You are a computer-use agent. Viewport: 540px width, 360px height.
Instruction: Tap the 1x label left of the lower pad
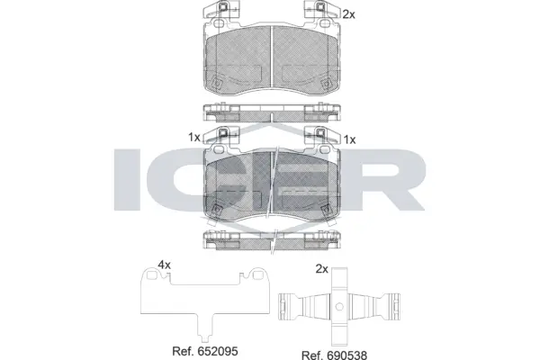(x=193, y=138)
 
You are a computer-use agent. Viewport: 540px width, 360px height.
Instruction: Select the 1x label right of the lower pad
(x=350, y=139)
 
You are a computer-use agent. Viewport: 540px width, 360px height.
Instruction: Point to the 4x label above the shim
(x=164, y=265)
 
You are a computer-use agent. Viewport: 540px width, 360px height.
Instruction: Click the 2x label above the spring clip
(x=321, y=268)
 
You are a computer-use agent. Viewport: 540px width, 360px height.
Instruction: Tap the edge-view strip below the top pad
(x=272, y=112)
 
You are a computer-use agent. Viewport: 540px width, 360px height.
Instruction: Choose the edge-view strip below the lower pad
(x=272, y=239)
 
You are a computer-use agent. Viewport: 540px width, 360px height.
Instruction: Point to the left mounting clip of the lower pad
(x=220, y=135)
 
